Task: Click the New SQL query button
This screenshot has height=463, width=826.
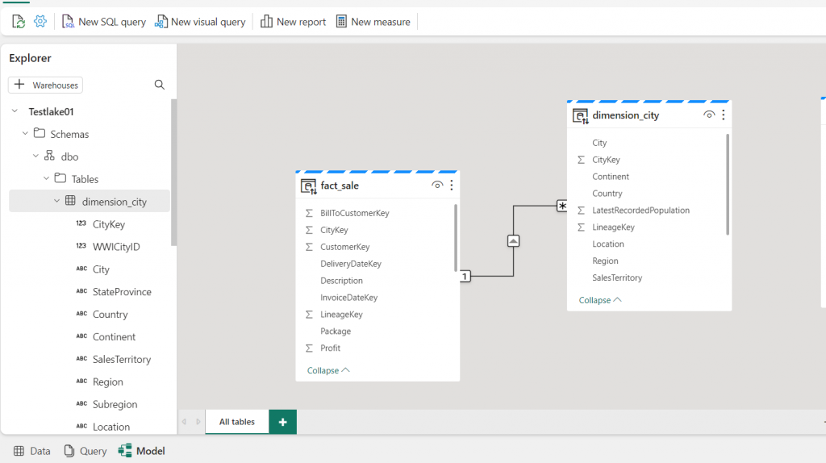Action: pyautogui.click(x=104, y=22)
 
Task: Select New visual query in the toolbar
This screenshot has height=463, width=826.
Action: pyautogui.click(x=200, y=22)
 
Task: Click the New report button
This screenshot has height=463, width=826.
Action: pyautogui.click(x=294, y=22)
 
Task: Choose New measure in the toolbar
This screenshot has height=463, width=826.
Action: pyautogui.click(x=373, y=22)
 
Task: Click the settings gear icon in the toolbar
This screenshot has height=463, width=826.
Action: pyautogui.click(x=40, y=21)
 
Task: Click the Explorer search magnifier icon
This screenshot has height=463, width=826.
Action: pyautogui.click(x=160, y=85)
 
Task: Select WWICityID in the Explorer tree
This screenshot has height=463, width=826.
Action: pyautogui.click(x=116, y=247)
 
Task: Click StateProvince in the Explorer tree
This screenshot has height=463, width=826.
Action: pyautogui.click(x=122, y=292)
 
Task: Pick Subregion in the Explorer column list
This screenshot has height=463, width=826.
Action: pyautogui.click(x=115, y=405)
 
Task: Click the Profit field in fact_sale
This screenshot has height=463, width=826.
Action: pyautogui.click(x=330, y=348)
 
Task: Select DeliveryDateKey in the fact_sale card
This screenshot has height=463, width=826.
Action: pyautogui.click(x=351, y=264)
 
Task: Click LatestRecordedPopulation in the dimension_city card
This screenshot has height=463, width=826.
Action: pyautogui.click(x=640, y=211)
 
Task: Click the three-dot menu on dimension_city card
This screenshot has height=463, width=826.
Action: pyautogui.click(x=724, y=115)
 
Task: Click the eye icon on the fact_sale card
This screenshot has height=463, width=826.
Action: pyautogui.click(x=437, y=185)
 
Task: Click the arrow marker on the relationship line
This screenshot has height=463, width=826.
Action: pyautogui.click(x=513, y=240)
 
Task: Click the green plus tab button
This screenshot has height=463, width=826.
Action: pyautogui.click(x=283, y=422)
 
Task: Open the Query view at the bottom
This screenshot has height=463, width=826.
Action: pyautogui.click(x=86, y=451)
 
